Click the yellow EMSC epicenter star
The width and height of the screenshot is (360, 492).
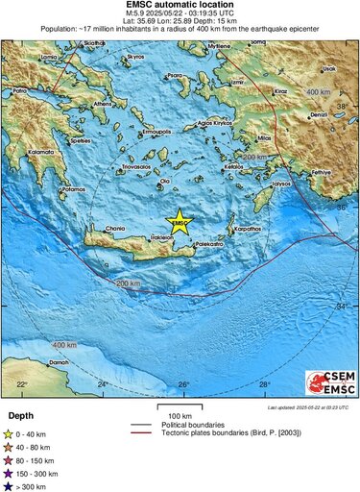180,220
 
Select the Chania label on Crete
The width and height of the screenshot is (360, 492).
115,229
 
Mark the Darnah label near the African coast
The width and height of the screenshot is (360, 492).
60,362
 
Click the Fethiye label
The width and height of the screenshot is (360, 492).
319,170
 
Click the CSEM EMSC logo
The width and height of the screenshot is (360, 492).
328,383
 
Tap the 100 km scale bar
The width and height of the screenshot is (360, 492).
180,408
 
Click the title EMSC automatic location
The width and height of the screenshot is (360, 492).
180,5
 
